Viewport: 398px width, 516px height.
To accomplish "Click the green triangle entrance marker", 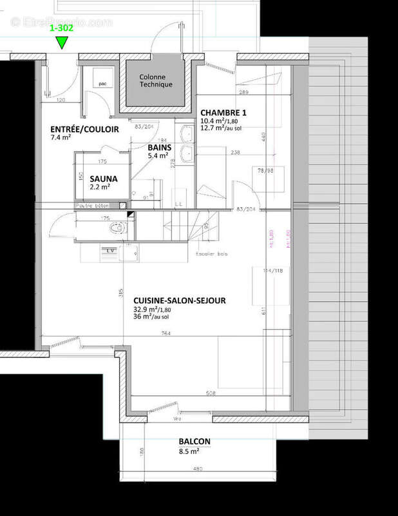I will point(61,43).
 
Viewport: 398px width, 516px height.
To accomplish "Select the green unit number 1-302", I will point(61,29).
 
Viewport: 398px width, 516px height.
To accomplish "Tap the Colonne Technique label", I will point(156,80).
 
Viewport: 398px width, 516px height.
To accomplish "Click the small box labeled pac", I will point(102,83).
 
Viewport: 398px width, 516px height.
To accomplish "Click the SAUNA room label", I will point(103,178).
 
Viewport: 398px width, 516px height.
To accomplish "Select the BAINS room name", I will point(158,147).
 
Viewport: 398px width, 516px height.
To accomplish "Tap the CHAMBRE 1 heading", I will point(223,112).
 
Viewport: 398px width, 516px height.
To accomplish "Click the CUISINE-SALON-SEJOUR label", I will point(179,301).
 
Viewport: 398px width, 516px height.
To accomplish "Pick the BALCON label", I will point(194,442).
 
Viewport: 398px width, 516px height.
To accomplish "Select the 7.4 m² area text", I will point(61,137).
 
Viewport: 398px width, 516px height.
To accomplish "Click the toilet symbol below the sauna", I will point(117,229).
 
